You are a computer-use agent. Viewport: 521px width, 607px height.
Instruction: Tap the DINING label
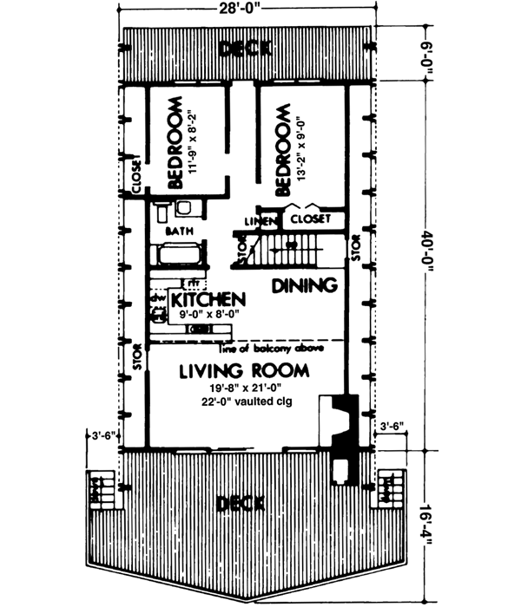click(304, 285)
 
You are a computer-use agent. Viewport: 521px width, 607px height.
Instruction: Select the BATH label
click(179, 232)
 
